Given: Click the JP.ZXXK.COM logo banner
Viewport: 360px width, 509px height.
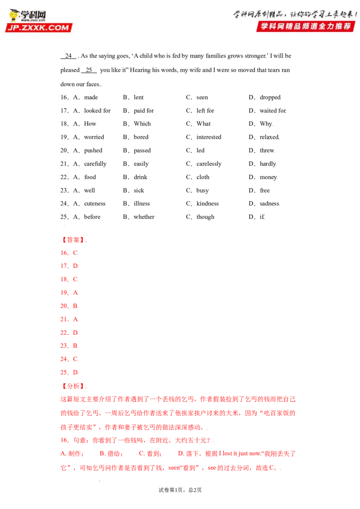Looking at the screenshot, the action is point(39,27).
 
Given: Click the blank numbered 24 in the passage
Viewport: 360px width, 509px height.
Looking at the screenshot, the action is point(68,56).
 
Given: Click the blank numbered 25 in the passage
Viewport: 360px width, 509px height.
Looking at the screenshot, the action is point(89,70).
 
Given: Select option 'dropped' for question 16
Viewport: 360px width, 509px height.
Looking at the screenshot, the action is point(270,98).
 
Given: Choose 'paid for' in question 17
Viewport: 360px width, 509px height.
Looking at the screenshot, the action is point(144,111).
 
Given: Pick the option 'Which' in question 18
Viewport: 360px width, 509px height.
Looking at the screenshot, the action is point(142,124).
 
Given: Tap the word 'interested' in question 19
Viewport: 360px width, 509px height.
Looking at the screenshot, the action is point(209,137).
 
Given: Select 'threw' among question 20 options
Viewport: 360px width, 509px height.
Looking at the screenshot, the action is point(267,150).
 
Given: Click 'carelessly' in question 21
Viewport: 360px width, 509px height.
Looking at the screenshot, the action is point(209,164).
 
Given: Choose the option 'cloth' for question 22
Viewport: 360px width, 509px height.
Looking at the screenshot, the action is point(203,177).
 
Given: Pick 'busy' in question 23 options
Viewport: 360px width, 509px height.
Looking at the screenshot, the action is point(202,191).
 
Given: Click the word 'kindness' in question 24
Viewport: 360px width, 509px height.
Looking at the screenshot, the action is point(207,204).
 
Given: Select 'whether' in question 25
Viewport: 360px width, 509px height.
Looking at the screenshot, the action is point(144,217).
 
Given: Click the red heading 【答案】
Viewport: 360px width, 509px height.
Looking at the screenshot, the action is point(73,240).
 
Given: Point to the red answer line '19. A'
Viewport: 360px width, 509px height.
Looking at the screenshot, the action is point(69,292).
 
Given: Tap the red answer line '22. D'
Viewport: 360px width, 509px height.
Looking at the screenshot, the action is point(69,332).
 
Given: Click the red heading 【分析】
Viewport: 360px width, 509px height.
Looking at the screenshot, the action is point(73,386).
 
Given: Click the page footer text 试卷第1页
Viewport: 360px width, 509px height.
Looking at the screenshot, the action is point(170,490).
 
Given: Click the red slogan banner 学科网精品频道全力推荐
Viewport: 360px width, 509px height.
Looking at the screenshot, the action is point(306,26).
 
